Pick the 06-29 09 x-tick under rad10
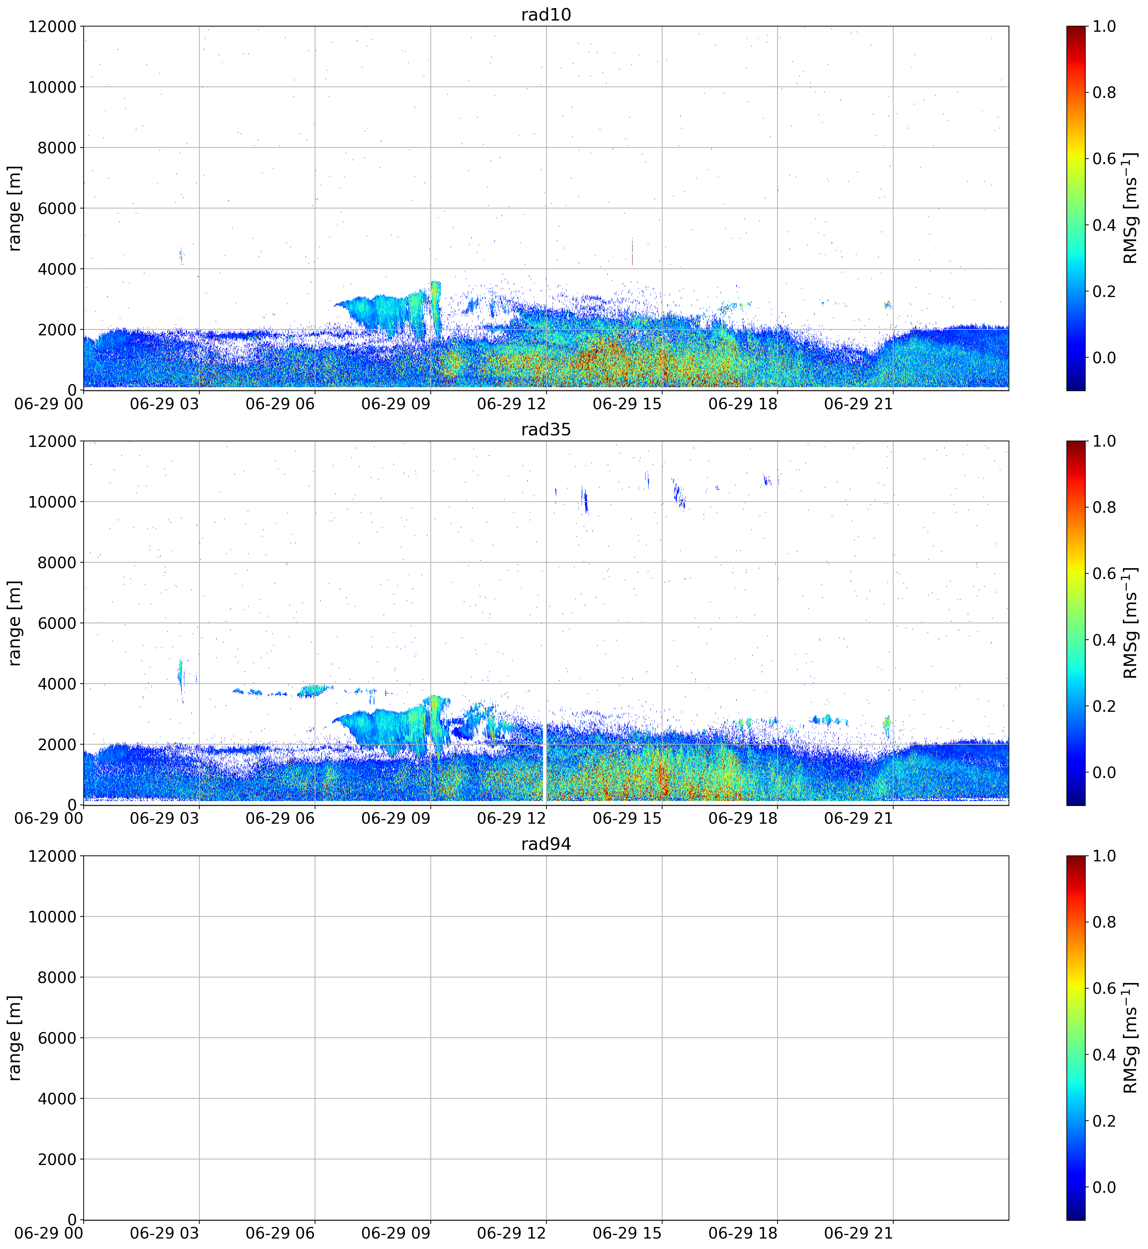click(x=396, y=404)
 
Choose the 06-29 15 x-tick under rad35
click(x=627, y=819)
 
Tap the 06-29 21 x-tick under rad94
click(x=858, y=1233)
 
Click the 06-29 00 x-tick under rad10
click(x=48, y=404)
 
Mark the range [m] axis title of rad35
click(x=15, y=623)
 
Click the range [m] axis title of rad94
click(x=15, y=1038)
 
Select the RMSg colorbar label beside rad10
click(x=1131, y=208)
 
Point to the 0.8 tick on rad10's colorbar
click(x=1104, y=93)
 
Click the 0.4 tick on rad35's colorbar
click(x=1104, y=640)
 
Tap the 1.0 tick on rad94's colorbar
click(x=1104, y=856)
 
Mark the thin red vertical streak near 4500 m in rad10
click(x=633, y=252)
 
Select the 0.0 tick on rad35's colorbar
click(x=1104, y=772)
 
